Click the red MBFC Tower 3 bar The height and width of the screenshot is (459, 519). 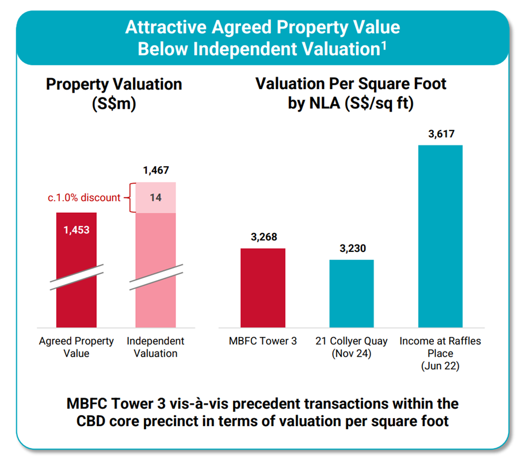[263, 288]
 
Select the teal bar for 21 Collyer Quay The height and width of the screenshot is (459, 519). [352, 293]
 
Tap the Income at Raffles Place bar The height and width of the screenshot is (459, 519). [440, 236]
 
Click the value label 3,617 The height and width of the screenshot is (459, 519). [440, 135]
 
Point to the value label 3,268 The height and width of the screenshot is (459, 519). [263, 238]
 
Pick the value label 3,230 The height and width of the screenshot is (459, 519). [352, 249]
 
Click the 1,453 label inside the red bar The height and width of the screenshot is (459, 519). [77, 229]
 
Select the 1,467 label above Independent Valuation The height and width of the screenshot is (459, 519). [155, 170]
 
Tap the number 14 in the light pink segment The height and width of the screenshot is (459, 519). [155, 198]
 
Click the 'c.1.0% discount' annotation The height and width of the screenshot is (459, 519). [84, 198]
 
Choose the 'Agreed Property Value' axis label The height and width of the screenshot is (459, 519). [77, 347]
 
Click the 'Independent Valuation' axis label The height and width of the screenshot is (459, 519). [155, 347]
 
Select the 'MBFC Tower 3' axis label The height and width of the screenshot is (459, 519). [263, 341]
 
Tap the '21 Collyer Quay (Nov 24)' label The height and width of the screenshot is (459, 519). [352, 347]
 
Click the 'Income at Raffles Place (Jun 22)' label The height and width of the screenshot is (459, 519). [440, 353]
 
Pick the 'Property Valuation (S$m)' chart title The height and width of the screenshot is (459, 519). [114, 93]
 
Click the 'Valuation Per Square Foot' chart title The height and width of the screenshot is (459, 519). [351, 84]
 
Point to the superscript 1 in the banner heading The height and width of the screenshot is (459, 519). [383, 44]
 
